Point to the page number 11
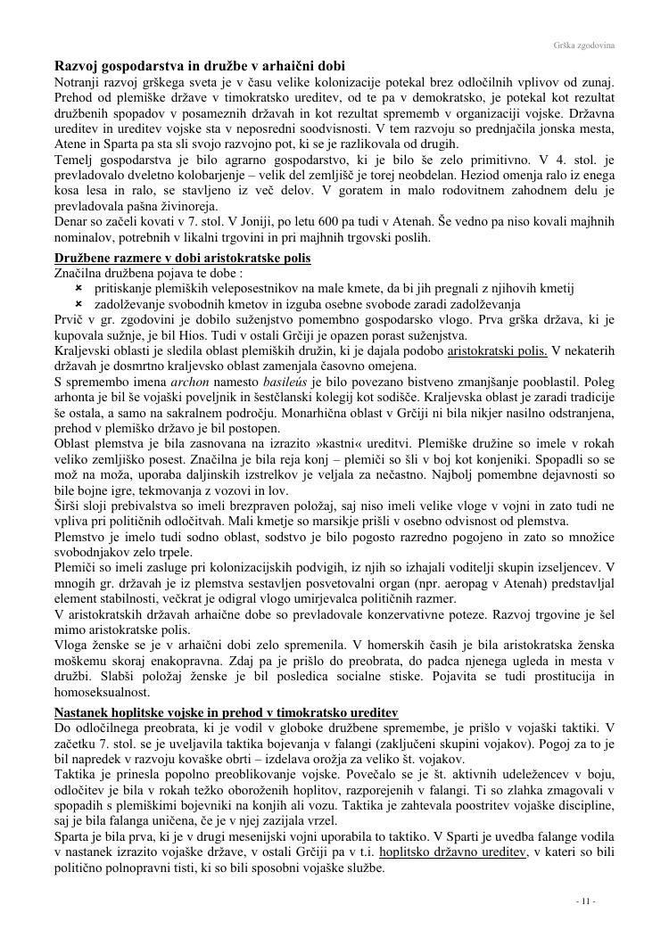click(585, 902)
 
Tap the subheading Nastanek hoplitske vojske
click(226, 712)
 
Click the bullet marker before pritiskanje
click(78, 288)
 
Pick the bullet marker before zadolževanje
click(78, 304)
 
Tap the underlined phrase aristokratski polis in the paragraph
click(497, 350)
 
